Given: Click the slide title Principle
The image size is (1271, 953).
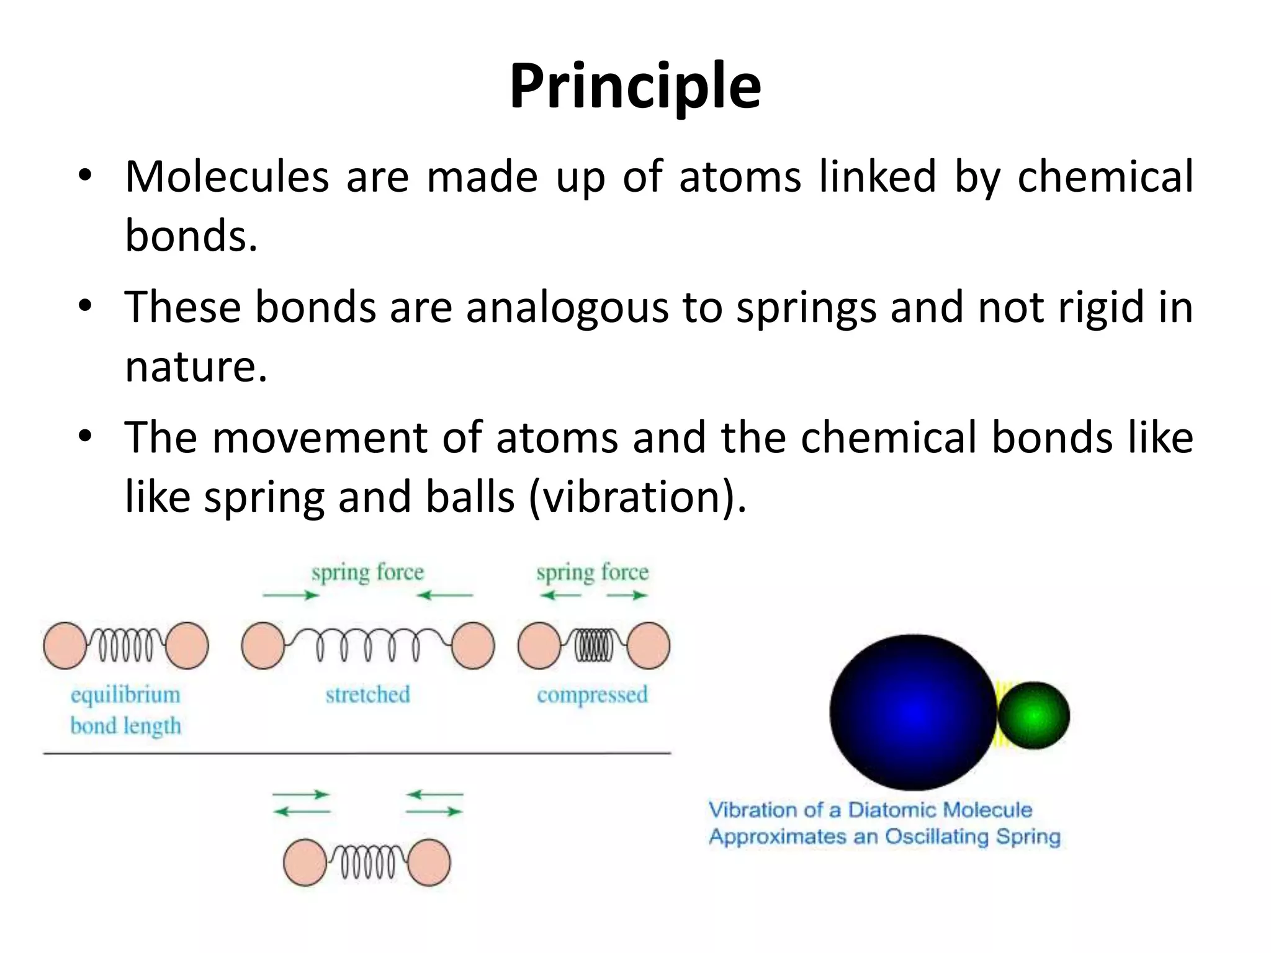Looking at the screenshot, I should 635,87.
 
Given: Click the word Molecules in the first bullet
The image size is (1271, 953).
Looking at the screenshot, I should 227,177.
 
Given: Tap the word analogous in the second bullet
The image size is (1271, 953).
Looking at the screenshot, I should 567,308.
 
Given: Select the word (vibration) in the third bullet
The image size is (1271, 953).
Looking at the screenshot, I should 637,498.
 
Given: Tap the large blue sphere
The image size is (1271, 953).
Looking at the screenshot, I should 912,712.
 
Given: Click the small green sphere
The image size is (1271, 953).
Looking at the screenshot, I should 1033,715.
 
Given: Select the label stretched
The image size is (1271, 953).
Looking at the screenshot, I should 367,694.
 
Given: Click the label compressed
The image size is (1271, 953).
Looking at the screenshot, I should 592,694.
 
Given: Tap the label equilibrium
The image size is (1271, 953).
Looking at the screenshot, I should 125,695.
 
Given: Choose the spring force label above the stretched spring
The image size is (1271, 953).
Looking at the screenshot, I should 367,572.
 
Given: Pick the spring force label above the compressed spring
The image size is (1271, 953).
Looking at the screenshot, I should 592,572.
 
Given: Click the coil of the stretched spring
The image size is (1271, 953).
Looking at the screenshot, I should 367,645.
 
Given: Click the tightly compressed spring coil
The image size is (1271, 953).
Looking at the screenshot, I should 593,646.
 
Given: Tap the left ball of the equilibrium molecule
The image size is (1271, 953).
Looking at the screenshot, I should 65,646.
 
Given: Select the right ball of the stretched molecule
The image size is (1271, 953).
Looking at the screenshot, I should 473,646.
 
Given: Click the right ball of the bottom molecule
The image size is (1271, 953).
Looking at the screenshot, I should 429,862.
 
